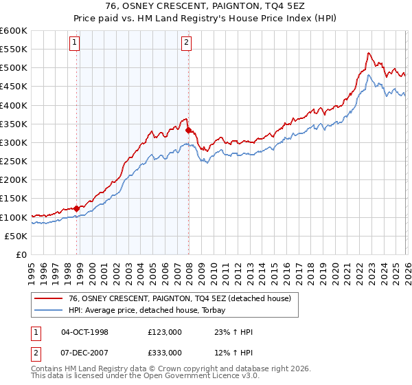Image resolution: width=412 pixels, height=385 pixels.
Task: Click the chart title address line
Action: (206, 6)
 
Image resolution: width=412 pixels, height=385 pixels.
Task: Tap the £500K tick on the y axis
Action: (14, 68)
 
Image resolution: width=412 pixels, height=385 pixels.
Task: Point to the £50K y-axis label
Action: (16, 236)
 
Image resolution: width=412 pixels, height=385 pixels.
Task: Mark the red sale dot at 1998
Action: (76, 208)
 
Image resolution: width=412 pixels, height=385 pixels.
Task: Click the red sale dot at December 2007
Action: (188, 129)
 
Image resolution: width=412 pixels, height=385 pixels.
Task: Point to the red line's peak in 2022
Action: (369, 53)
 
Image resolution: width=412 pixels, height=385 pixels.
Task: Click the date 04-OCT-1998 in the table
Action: (85, 332)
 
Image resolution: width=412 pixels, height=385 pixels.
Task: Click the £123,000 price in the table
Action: (164, 332)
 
